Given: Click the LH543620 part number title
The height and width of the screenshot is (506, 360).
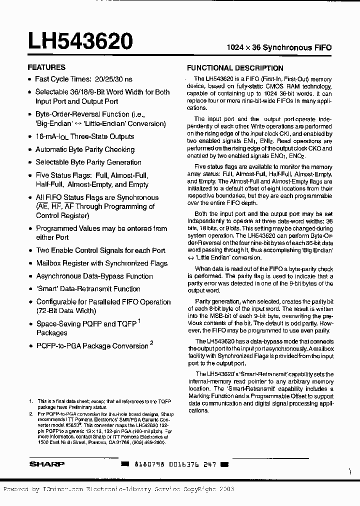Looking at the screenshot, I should [80, 41].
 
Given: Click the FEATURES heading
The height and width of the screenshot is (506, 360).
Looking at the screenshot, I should [46, 67].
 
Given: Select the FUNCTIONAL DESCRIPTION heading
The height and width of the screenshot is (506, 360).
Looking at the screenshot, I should [235, 68].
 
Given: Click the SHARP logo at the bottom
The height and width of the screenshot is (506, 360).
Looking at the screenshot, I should [46, 464].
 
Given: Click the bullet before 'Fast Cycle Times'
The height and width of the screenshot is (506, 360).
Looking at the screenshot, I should [29, 79].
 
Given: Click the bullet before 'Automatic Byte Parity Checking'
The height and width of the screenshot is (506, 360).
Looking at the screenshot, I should [29, 149].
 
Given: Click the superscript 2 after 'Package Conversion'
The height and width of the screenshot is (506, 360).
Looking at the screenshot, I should [151, 343].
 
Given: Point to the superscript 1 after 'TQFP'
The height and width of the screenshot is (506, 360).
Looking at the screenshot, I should [139, 321].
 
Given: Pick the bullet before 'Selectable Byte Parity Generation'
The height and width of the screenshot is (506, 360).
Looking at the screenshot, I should [29, 162].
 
